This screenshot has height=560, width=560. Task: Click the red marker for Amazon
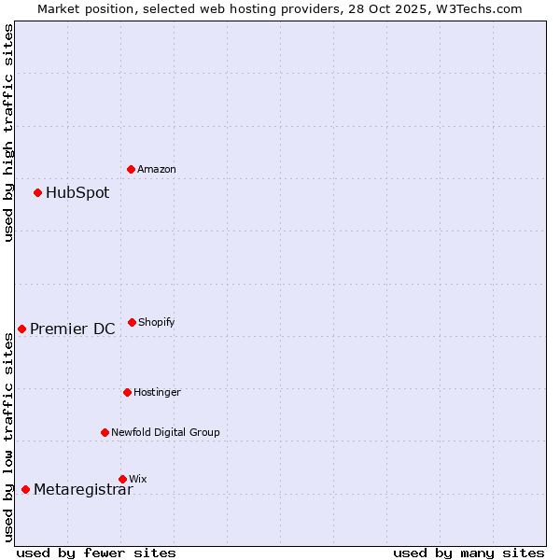[132, 169]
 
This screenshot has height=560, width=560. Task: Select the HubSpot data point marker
[38, 192]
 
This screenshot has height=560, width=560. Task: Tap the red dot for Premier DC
[22, 329]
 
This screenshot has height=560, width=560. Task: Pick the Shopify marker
[133, 322]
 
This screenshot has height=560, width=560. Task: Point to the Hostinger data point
[128, 392]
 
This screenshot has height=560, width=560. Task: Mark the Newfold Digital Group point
[105, 432]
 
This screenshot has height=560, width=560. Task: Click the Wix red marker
[122, 479]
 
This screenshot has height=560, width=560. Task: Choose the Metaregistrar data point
[26, 489]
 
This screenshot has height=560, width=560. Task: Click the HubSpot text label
[77, 193]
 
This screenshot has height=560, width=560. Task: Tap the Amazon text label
[157, 170]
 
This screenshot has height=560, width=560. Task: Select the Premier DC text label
[73, 329]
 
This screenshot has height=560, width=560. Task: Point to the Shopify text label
[157, 323]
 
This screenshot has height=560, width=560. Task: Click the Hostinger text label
[158, 393]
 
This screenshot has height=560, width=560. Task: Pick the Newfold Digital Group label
[166, 433]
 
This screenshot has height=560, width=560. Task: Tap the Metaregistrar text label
[83, 490]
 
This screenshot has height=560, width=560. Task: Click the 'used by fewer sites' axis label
[96, 553]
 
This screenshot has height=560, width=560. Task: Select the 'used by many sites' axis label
[469, 553]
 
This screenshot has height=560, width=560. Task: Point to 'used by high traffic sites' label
[8, 133]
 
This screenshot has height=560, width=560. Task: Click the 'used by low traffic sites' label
[8, 438]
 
